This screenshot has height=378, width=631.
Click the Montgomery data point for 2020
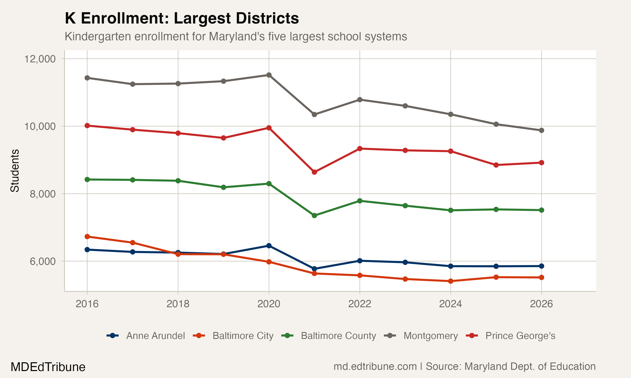269,75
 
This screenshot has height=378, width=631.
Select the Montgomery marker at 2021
314,114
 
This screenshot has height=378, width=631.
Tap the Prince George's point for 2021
314,172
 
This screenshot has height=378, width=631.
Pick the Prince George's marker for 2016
87,126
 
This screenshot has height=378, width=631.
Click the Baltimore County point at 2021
314,215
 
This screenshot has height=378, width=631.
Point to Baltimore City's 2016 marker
87,237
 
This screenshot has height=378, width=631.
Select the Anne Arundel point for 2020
269,245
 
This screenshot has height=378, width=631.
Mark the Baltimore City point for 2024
451,281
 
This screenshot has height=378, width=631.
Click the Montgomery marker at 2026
541,130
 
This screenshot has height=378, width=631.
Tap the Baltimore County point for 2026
541,210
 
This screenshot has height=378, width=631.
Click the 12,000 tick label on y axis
40,59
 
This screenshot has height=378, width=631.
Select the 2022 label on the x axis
360,304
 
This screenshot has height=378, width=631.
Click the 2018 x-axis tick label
178,304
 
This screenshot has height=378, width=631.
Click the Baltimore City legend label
243,336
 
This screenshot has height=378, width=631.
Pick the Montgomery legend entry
431,336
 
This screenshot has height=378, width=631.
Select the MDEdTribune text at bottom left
48,367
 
